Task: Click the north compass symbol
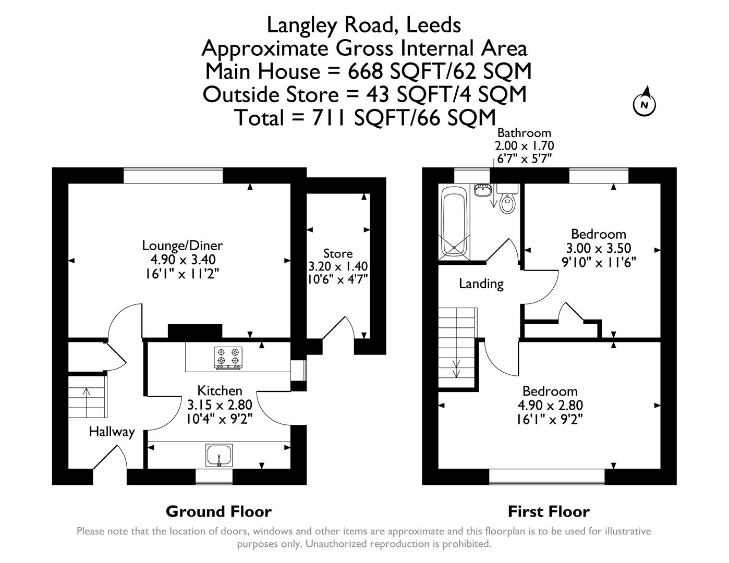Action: pyautogui.click(x=645, y=104)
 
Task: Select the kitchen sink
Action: pyautogui.click(x=219, y=455)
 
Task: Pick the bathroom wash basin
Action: pyautogui.click(x=483, y=190)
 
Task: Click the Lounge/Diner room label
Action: pyautogui.click(x=183, y=246)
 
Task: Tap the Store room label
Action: pyautogui.click(x=338, y=254)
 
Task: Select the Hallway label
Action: pyautogui.click(x=112, y=432)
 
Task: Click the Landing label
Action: pyautogui.click(x=481, y=284)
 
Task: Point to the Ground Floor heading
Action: pyautogui.click(x=218, y=511)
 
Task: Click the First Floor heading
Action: pyautogui.click(x=549, y=511)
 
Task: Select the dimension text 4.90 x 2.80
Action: pyautogui.click(x=550, y=405)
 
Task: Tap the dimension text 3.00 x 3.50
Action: pyautogui.click(x=598, y=248)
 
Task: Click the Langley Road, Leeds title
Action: pyautogui.click(x=363, y=25)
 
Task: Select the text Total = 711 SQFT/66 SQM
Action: pyautogui.click(x=364, y=118)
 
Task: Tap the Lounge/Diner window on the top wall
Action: pyautogui.click(x=173, y=175)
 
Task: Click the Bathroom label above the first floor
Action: pyautogui.click(x=524, y=133)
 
